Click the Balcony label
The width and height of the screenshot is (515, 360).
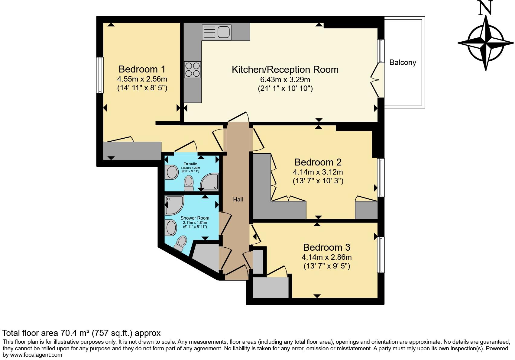tap(403, 63)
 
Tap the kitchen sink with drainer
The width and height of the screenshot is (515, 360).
tap(217, 32)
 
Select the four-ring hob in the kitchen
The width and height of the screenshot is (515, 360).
tap(193, 69)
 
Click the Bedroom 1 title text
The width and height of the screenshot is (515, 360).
tap(142, 69)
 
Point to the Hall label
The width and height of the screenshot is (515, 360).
tap(238, 199)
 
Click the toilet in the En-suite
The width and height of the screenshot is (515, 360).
tap(189, 183)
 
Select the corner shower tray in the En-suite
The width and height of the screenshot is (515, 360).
tap(209, 182)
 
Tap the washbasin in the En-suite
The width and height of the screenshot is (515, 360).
tap(172, 172)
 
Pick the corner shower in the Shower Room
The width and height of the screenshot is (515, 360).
tap(174, 205)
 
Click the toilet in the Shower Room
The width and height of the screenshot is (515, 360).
tap(180, 243)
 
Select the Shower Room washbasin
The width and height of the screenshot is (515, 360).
tap(171, 227)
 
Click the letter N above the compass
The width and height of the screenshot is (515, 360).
tap(485, 8)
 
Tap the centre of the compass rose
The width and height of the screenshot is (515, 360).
tap(486, 43)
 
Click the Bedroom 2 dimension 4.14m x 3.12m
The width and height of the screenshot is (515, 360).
tap(318, 172)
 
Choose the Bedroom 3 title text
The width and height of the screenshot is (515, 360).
tap(327, 247)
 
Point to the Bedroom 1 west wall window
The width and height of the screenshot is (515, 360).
tap(100, 75)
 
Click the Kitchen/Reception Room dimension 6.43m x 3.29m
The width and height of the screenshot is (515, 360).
tap(285, 79)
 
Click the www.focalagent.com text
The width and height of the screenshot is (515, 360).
tap(36, 355)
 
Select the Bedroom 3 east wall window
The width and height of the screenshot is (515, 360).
tap(381, 255)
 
